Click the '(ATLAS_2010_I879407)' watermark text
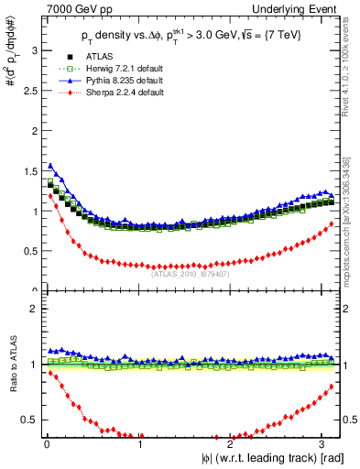click(190, 272)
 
